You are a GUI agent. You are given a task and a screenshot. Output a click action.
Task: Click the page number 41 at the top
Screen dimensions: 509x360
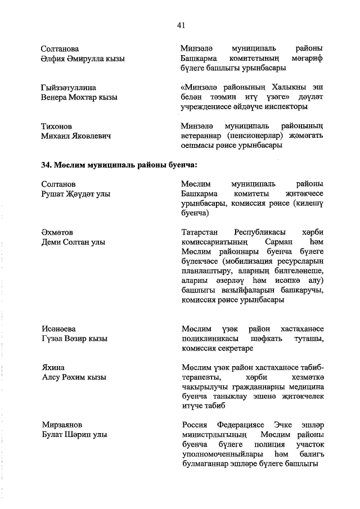tap(181, 25)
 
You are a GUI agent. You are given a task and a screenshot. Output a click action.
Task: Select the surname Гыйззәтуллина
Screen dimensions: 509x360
tap(69, 87)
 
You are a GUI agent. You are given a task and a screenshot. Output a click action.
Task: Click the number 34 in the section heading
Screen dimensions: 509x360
tap(46, 165)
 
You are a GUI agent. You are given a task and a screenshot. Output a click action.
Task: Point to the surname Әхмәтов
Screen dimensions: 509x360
tap(57, 232)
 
